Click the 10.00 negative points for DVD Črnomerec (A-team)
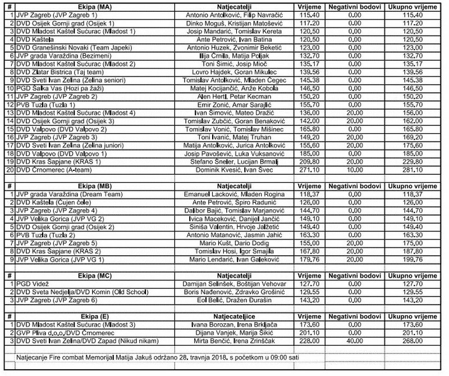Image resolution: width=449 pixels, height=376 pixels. (354, 170)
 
